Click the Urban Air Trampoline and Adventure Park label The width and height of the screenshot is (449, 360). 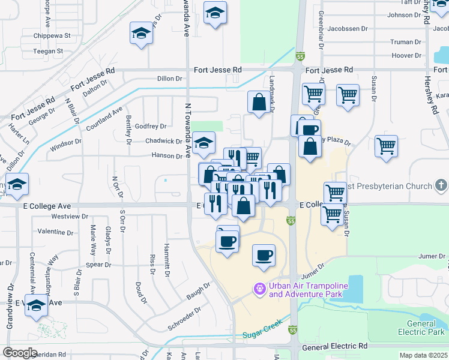point(306,290)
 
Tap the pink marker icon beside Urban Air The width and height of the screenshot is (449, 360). point(259,289)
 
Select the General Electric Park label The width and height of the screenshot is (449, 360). point(421,328)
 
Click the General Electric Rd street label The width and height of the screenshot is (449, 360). point(334,347)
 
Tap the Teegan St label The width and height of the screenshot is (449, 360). point(48,52)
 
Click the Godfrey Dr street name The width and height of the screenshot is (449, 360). point(151,126)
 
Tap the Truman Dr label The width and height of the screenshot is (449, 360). point(406,42)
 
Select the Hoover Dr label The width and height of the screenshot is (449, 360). point(406,55)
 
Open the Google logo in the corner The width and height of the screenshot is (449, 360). point(20,353)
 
